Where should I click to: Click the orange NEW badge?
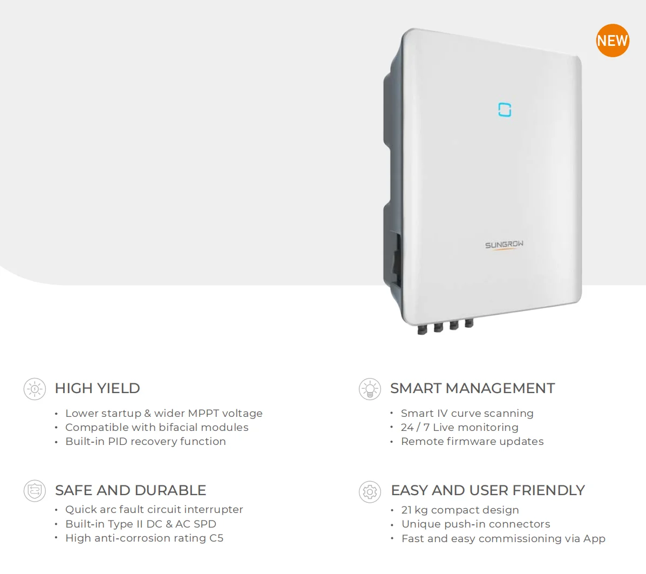point(613,40)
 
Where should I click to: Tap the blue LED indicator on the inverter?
point(505,110)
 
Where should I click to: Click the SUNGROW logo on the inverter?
point(504,245)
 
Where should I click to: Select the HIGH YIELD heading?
point(97,388)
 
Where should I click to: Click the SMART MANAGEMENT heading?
point(472,388)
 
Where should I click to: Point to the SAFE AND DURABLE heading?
point(131,490)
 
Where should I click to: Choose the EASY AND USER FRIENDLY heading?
point(488,490)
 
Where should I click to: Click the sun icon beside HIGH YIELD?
point(35,389)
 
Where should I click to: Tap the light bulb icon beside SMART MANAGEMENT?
point(370,389)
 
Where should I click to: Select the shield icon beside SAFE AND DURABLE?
point(35,491)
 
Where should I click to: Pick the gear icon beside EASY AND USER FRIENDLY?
point(370,492)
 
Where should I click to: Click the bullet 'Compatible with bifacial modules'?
point(157,427)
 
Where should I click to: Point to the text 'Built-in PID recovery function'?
point(146,441)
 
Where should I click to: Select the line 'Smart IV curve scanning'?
point(467,413)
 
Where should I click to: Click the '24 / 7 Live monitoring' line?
point(460,427)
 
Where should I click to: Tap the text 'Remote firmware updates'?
point(472,441)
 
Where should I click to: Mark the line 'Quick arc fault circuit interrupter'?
point(154,509)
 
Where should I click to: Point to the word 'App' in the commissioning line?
point(594,538)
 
